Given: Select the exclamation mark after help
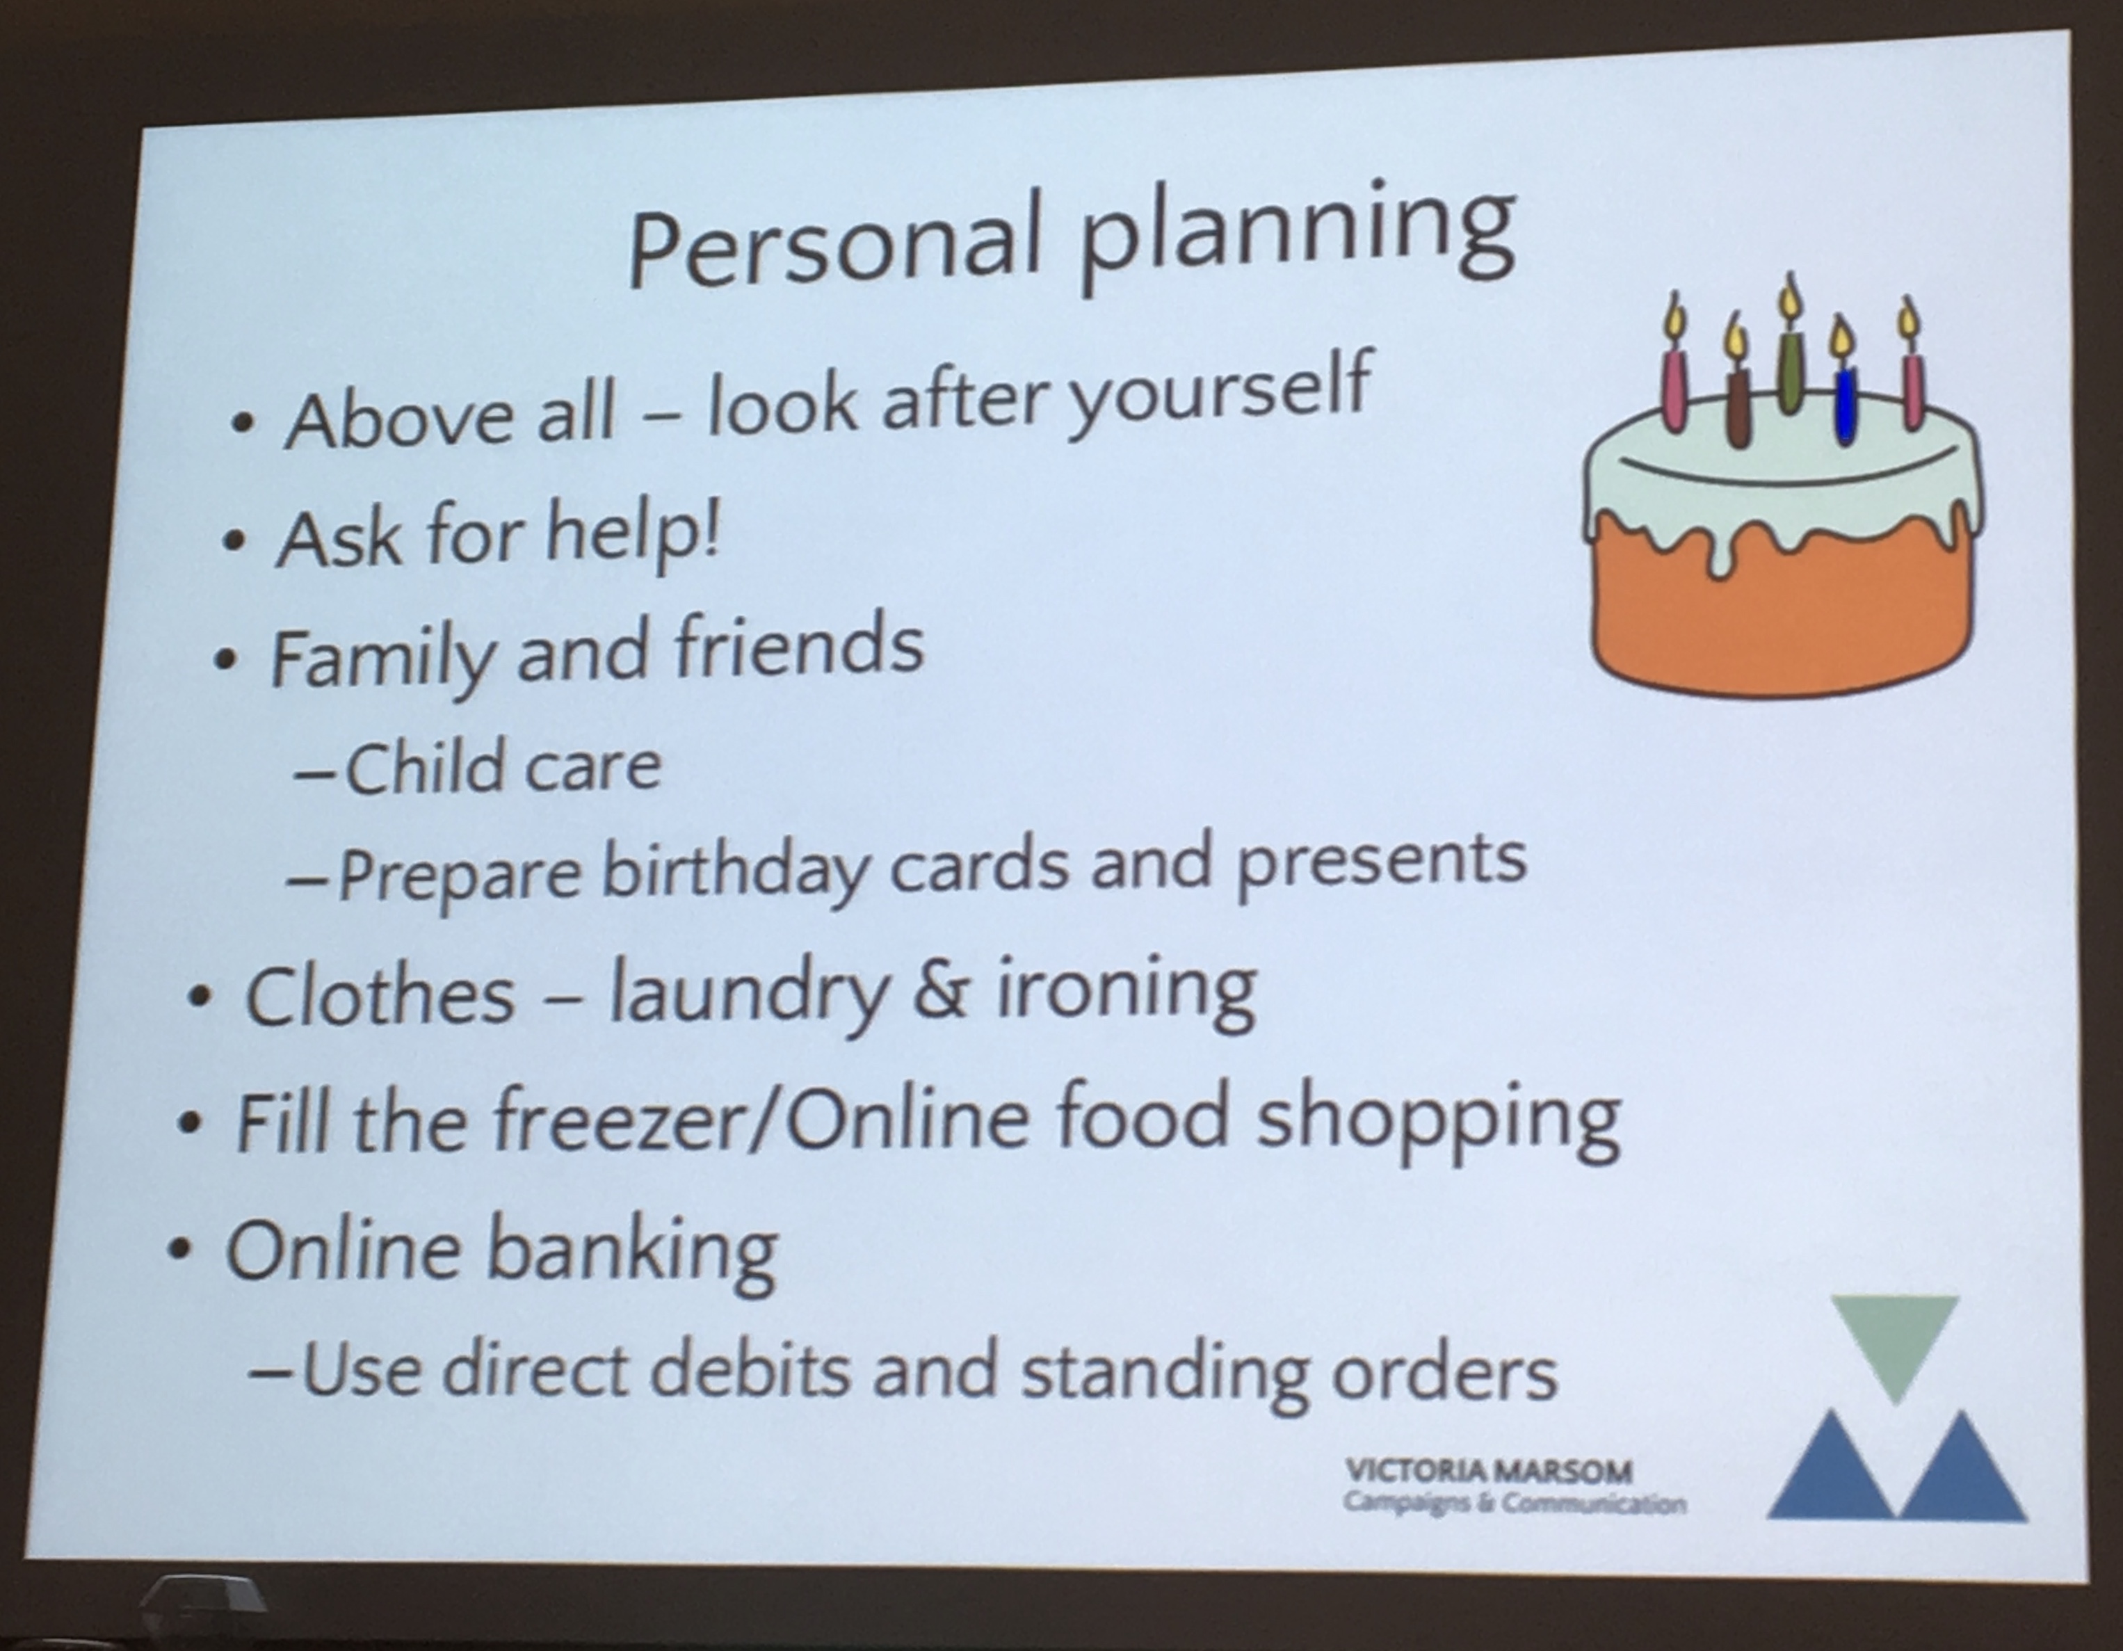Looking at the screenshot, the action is pos(709,529).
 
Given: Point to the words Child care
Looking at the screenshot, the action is pos(503,767).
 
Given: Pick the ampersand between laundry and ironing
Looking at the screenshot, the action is pos(941,992).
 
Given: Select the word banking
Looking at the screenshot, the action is pos(632,1255).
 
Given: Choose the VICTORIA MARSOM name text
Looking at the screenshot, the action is pos(1488,1471).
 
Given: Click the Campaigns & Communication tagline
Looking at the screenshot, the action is pos(1515,1503).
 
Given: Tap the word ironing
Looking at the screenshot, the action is pos(1126,992).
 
